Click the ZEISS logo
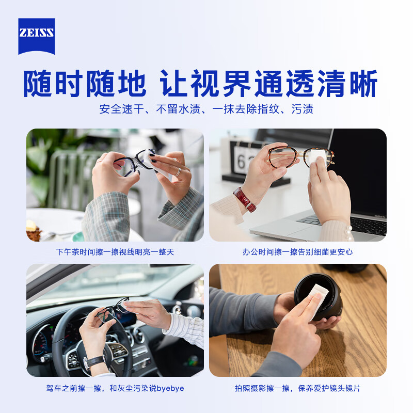[36, 36]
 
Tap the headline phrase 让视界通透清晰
[268, 84]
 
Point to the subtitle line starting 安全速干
[206, 109]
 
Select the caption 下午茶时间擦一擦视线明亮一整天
[115, 252]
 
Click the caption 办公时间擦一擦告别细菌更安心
[298, 252]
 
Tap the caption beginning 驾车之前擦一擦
[115, 388]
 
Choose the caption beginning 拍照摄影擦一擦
[298, 388]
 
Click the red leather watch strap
[244, 199]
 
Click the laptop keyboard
[356, 223]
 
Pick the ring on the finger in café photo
[178, 171]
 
